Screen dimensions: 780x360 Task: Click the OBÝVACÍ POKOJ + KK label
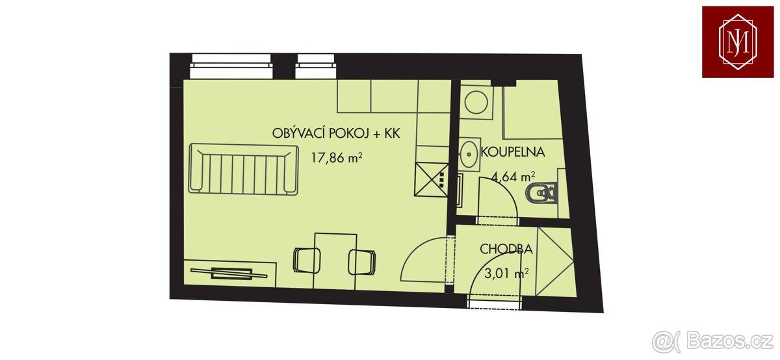pyautogui.click(x=336, y=134)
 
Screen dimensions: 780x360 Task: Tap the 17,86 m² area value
pyautogui.click(x=337, y=158)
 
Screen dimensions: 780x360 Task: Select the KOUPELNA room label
pyautogui.click(x=513, y=152)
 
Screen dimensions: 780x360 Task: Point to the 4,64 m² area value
pyautogui.click(x=513, y=177)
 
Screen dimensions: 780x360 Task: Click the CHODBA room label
pyautogui.click(x=506, y=249)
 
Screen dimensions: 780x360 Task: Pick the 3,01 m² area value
pyautogui.click(x=506, y=274)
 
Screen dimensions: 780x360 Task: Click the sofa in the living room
pyautogui.click(x=243, y=169)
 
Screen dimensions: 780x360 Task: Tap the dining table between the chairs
pyautogui.click(x=335, y=261)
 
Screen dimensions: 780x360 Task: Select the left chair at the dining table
pyautogui.click(x=307, y=261)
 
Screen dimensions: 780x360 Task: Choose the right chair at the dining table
pyautogui.click(x=362, y=262)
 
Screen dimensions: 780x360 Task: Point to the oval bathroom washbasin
pyautogui.click(x=469, y=153)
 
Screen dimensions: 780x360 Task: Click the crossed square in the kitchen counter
pyautogui.click(x=431, y=179)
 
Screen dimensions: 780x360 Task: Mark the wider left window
pyautogui.click(x=231, y=66)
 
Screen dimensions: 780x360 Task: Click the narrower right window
pyautogui.click(x=316, y=66)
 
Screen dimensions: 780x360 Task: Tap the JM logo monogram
pyautogui.click(x=738, y=42)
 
